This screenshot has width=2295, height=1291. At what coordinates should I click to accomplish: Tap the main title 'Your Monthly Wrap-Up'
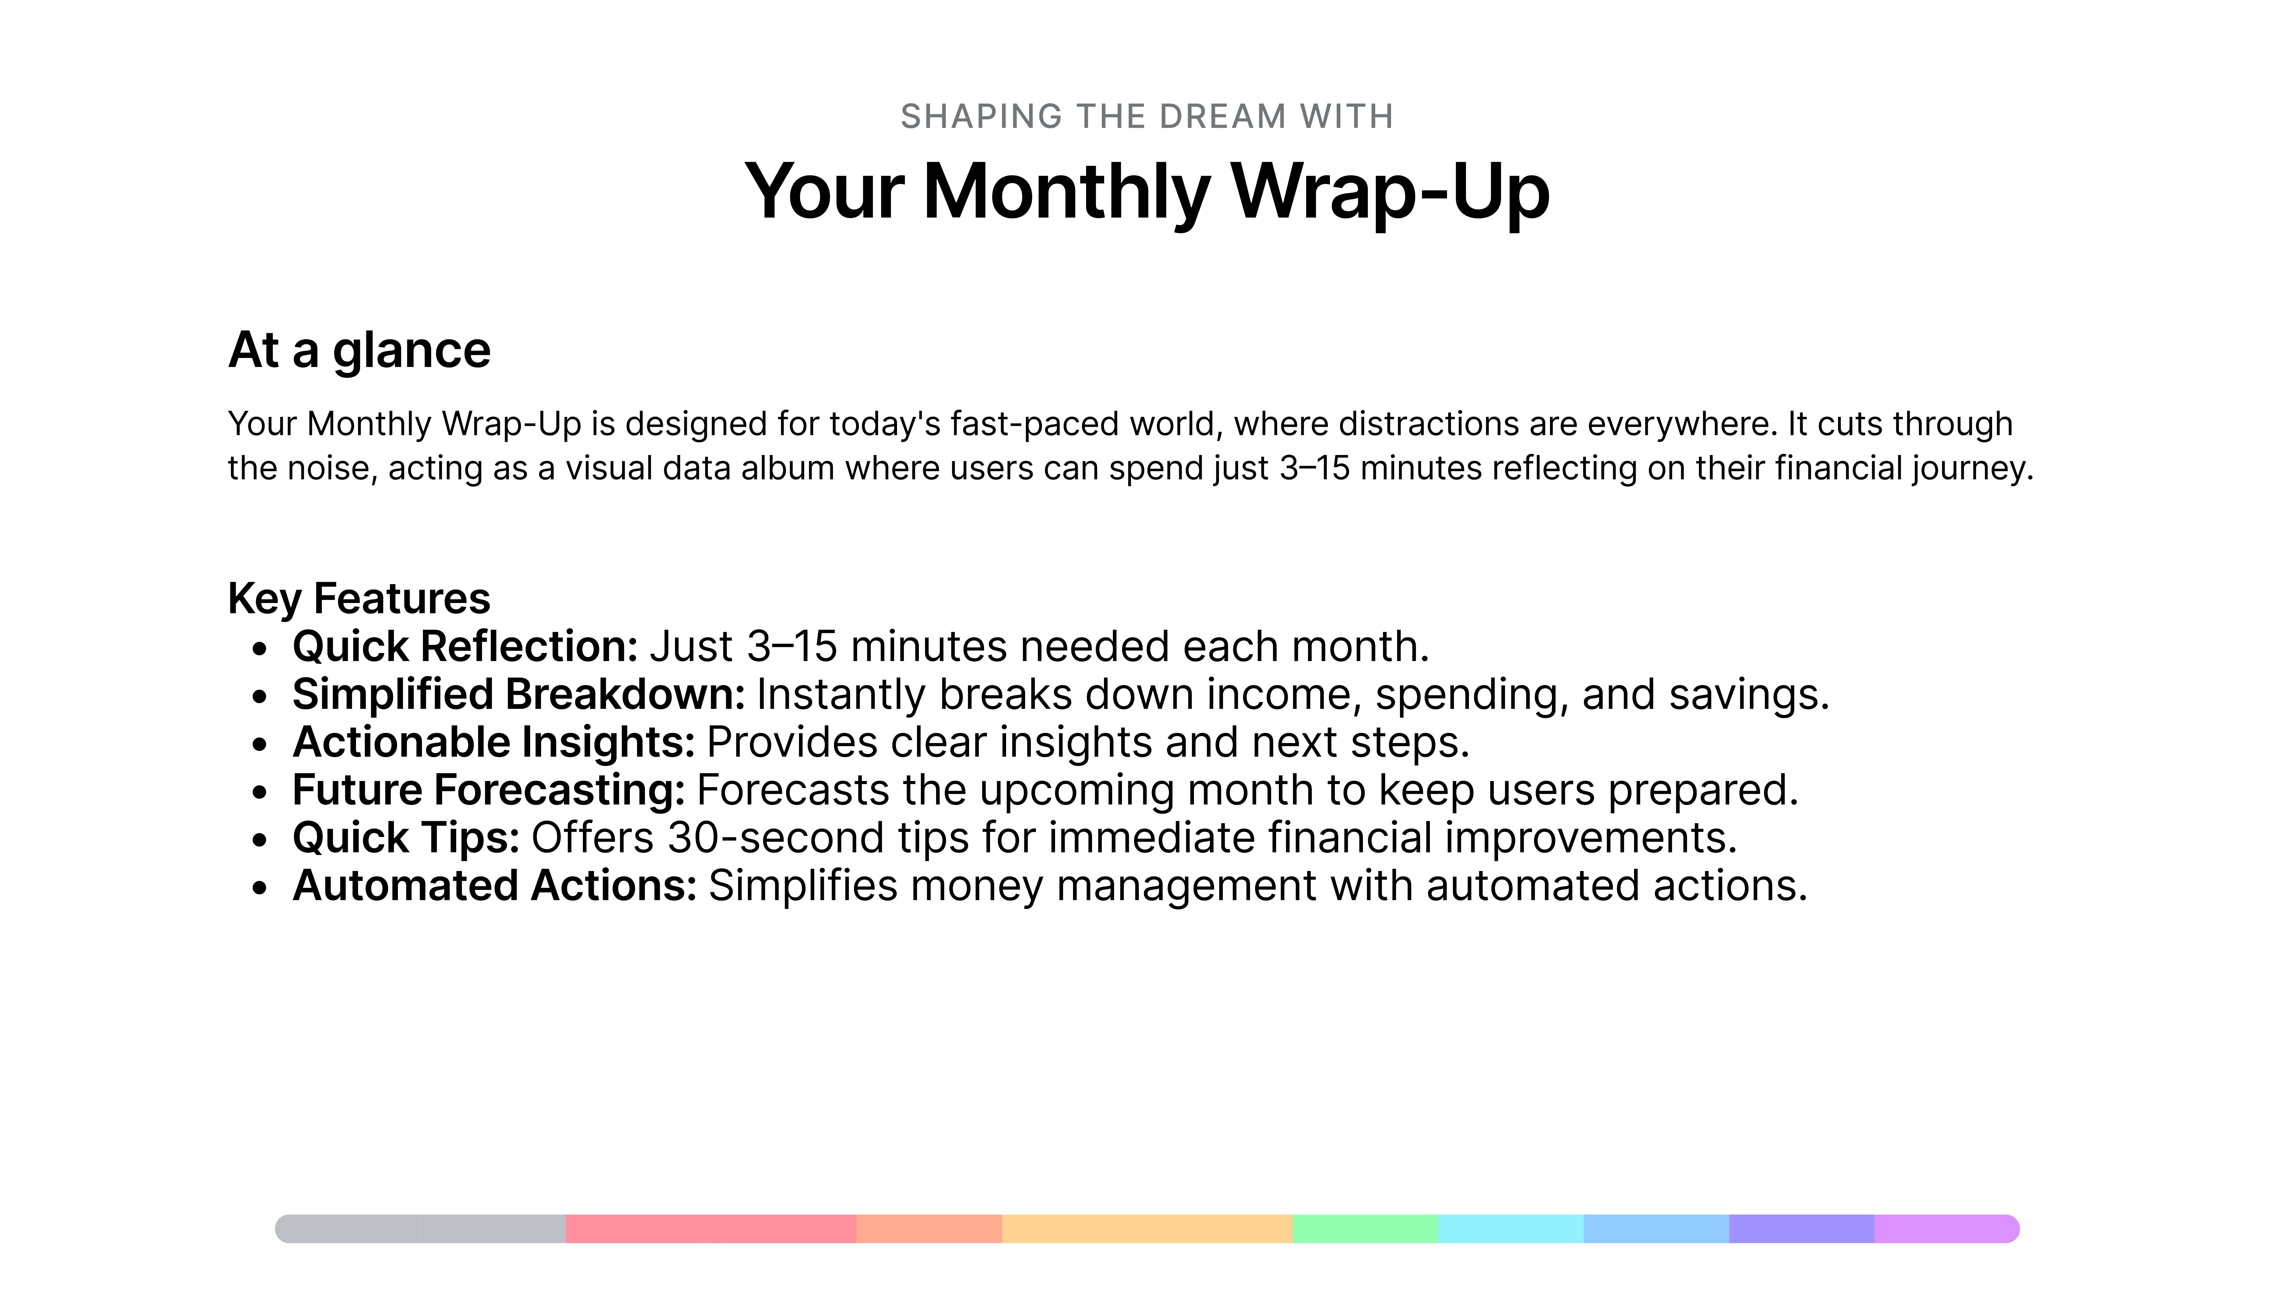(1147, 193)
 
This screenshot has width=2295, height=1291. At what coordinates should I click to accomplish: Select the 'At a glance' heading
(359, 350)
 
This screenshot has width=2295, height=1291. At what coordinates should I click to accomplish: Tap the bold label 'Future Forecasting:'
(488, 790)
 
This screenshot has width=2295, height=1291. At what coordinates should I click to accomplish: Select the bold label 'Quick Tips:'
(406, 838)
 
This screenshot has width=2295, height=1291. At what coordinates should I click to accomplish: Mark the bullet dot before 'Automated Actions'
(259, 888)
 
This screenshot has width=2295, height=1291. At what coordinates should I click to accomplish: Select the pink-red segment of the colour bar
(711, 1229)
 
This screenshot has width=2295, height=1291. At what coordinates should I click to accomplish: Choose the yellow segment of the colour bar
(1147, 1229)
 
